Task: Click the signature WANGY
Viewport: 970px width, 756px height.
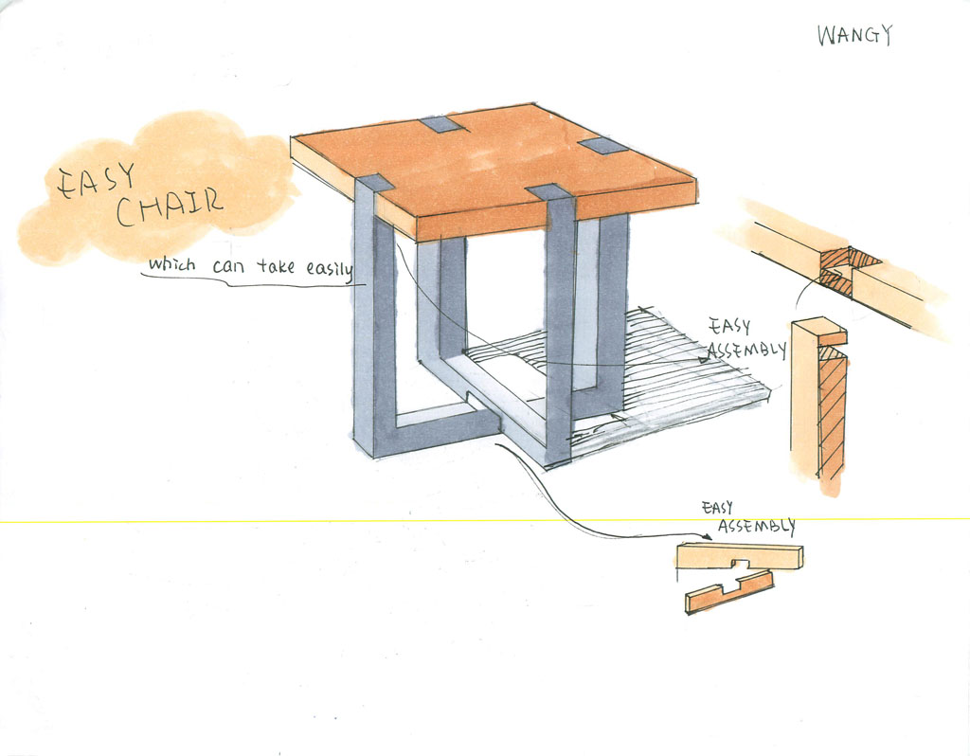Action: coord(854,36)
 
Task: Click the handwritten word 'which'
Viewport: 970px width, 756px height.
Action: coord(171,265)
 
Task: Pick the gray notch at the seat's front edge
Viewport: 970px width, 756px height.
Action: coord(548,191)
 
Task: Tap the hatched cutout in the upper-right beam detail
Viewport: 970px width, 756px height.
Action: coord(846,265)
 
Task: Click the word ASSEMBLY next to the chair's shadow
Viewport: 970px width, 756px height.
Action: coord(747,350)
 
